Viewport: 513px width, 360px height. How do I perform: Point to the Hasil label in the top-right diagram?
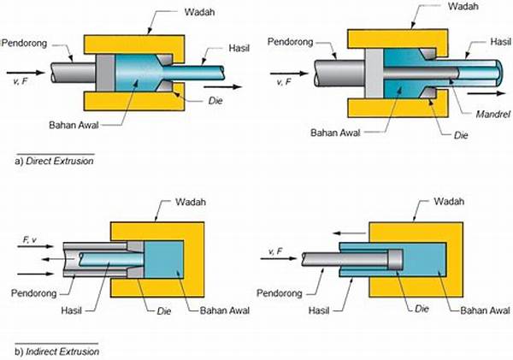[497, 41]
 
